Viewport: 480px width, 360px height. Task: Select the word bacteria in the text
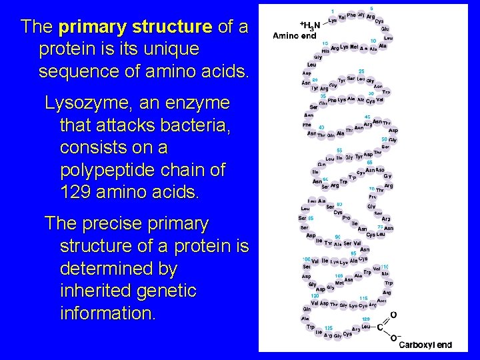click(193, 125)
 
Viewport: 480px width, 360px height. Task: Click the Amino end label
click(295, 36)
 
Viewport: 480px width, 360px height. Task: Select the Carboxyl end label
click(425, 345)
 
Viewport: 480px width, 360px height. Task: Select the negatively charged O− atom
click(395, 339)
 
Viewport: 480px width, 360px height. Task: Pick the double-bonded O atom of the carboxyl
click(393, 314)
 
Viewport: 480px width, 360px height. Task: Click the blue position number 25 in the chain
click(360, 71)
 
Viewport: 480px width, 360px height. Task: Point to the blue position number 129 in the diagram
click(365, 319)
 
